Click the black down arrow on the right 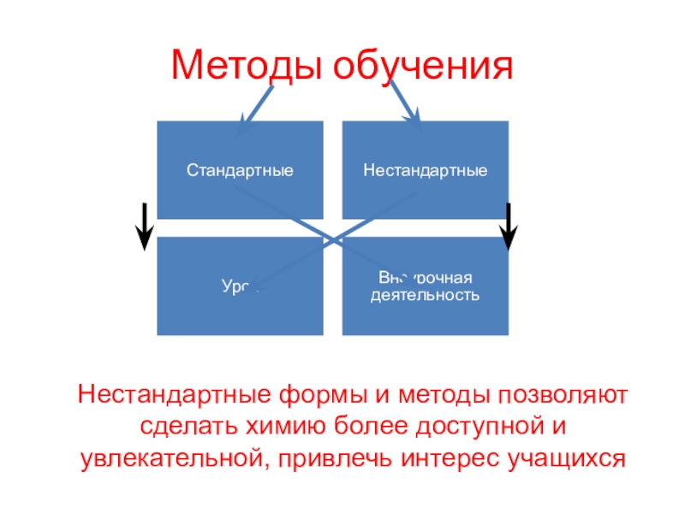(x=509, y=227)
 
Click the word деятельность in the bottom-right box (x=425, y=296)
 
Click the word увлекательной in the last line (x=170, y=457)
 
